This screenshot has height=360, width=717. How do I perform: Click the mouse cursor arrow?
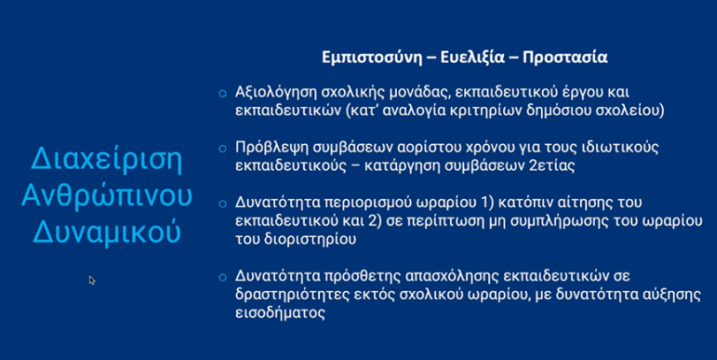pos(91,280)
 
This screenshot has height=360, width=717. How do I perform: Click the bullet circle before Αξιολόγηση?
pos(223,93)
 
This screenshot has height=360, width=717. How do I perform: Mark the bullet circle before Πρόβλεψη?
pos(223,147)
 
